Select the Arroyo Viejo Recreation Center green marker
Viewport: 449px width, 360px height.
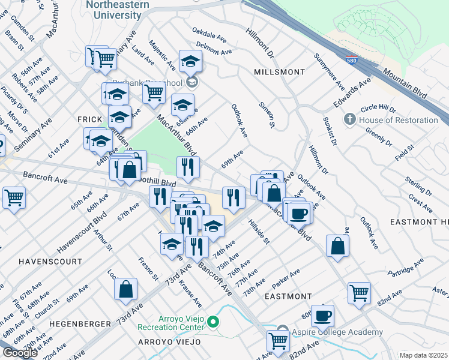pos(212,323)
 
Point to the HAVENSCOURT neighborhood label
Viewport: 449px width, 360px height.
pos(50,262)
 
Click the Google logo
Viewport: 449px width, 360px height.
pos(20,352)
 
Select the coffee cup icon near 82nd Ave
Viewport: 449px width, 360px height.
pos(322,314)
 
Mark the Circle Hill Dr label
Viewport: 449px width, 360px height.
pos(378,109)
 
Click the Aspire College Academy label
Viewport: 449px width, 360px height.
pos(338,332)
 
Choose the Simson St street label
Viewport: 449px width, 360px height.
pos(266,115)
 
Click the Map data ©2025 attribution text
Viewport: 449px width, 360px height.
pos(424,355)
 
